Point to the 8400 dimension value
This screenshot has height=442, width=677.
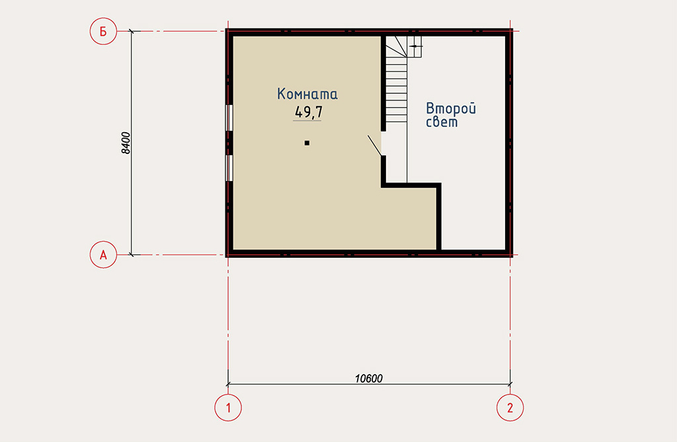(x=125, y=143)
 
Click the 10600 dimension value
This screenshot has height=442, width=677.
(x=369, y=379)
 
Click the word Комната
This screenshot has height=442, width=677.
(x=307, y=94)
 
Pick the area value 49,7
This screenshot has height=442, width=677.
(x=308, y=112)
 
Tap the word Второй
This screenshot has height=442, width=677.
(x=451, y=108)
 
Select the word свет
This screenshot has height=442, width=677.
(x=442, y=122)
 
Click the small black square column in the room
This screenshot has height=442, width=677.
(x=307, y=143)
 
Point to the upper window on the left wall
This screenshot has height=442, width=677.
(x=229, y=118)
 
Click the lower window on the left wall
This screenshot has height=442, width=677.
(x=229, y=168)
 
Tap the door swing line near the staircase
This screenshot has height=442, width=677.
(x=374, y=145)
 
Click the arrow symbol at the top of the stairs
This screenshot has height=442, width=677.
(x=415, y=46)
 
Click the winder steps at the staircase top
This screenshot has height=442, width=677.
(x=397, y=47)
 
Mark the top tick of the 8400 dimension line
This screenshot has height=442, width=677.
(x=132, y=31)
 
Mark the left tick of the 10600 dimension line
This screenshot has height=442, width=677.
(x=228, y=383)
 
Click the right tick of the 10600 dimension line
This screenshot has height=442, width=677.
(x=510, y=383)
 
